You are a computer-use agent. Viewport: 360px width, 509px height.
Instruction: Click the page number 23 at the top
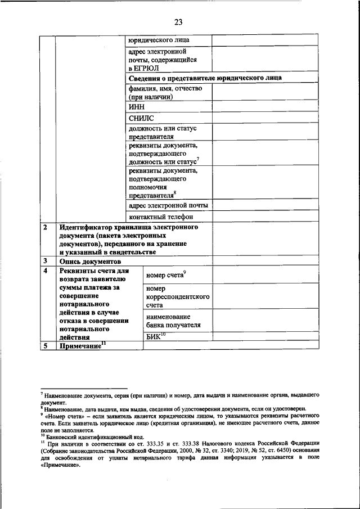click(178, 22)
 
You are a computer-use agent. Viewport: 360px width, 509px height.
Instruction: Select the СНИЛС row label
click(141, 119)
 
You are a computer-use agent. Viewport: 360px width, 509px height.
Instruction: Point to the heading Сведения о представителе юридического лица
click(205, 78)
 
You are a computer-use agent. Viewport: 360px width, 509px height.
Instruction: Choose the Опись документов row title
click(90, 262)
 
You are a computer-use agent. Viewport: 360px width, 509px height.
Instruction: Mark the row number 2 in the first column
click(45, 228)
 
